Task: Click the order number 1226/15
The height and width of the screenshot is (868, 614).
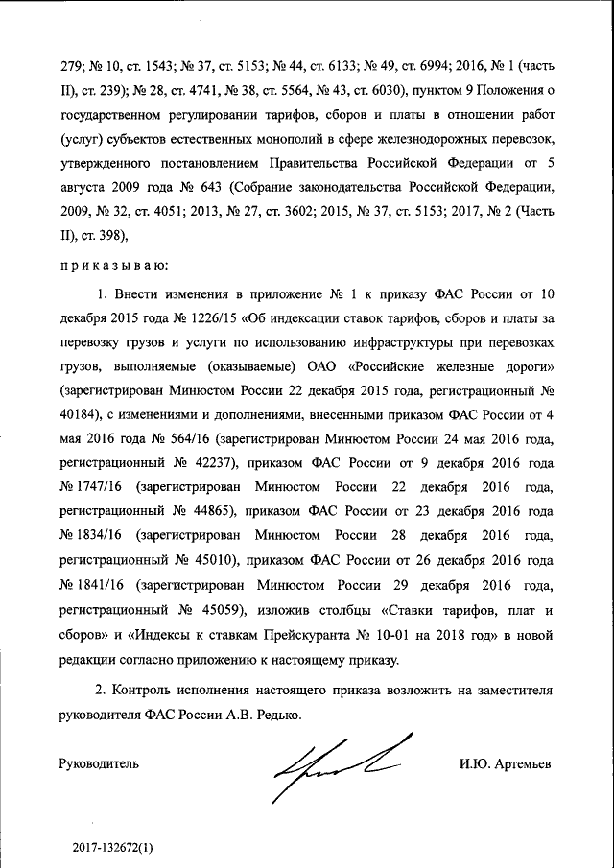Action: tap(218, 317)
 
